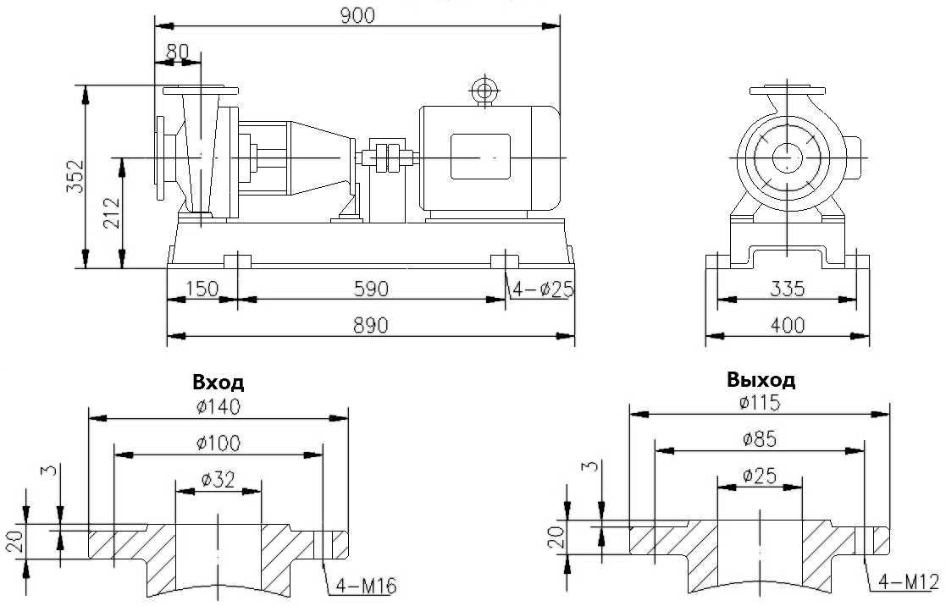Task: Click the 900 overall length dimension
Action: (x=357, y=14)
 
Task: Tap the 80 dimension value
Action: (x=176, y=51)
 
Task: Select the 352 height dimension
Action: (x=75, y=177)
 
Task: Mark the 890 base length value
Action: (x=371, y=326)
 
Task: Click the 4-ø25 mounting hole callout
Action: (x=543, y=289)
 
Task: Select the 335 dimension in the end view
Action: (x=788, y=289)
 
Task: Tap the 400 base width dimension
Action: (x=788, y=325)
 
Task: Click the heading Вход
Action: (x=218, y=382)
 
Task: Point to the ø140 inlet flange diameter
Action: (x=218, y=406)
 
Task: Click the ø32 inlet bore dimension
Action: (x=218, y=480)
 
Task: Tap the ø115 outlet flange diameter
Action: (x=759, y=403)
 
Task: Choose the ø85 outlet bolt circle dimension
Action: (x=759, y=439)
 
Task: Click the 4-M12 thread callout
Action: (x=910, y=582)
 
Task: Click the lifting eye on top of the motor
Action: (x=484, y=91)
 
